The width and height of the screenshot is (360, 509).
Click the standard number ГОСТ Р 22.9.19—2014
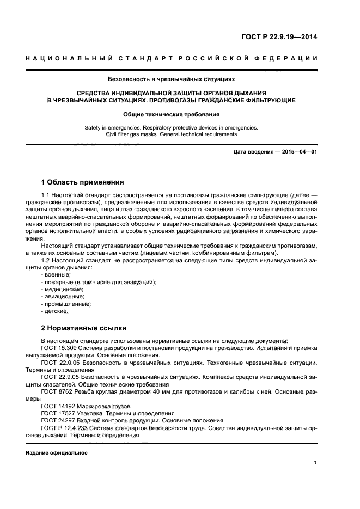click(279, 38)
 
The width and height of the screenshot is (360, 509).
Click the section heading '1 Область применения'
click(83, 182)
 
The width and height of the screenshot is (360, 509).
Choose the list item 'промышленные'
click(60, 304)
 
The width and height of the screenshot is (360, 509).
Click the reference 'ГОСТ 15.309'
click(59, 347)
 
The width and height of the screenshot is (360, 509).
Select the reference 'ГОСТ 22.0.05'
click(60, 361)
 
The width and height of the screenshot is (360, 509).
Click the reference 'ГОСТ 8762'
click(56, 391)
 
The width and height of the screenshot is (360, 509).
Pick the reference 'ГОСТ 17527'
click(57, 413)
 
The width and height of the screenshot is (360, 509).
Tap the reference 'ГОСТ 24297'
click(57, 420)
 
